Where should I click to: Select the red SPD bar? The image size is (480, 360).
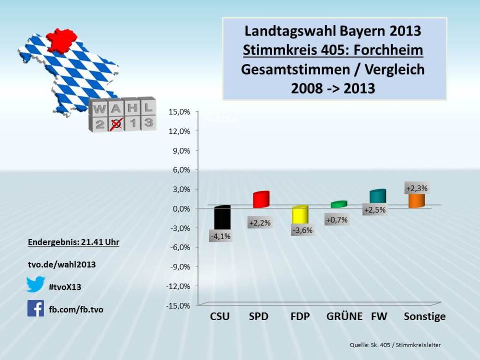coord(261,200)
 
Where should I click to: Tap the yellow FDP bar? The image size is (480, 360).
coord(299,216)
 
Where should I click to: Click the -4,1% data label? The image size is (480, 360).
coord(221,236)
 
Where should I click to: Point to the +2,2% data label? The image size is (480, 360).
coord(260,223)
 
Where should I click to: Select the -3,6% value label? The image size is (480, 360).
coord(302,230)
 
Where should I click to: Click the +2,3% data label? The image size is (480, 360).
coord(417,188)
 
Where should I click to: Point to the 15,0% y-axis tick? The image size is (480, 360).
coord(179,112)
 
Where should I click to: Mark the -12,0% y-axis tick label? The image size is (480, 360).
coord(178,286)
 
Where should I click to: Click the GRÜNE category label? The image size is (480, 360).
coord(344,317)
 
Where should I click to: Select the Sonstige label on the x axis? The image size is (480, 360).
coord(424,317)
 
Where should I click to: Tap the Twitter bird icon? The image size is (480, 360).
coord(36,285)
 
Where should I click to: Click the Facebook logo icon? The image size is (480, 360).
coord(36,308)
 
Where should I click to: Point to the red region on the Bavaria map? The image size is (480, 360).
coord(61,40)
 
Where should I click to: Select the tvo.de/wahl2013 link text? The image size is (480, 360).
coord(62,264)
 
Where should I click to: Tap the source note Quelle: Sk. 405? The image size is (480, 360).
coord(395,345)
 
